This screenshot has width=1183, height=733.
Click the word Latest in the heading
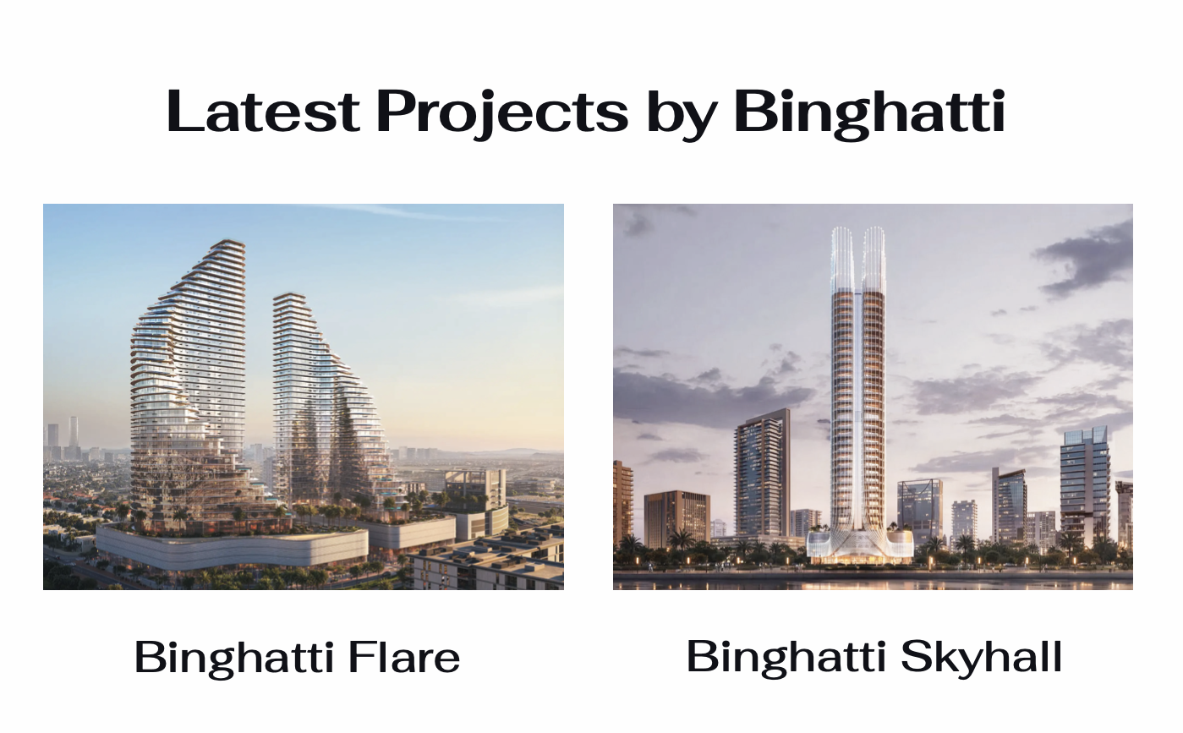click(263, 112)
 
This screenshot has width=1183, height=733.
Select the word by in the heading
click(682, 115)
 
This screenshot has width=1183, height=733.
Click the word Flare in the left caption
click(404, 657)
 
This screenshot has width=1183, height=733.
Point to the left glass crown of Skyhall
click(843, 260)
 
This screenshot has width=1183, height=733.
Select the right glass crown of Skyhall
click(874, 260)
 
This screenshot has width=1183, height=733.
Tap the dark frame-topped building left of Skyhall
click(762, 473)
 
